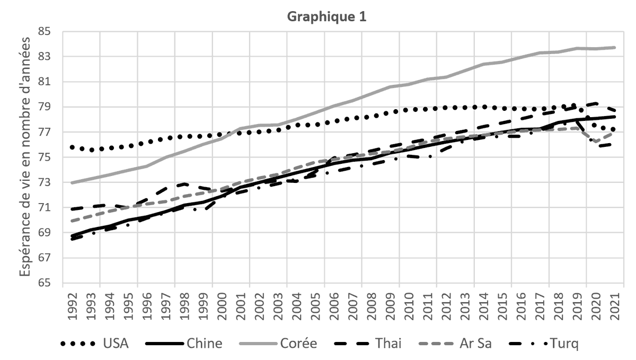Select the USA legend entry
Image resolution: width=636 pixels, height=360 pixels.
(x=115, y=344)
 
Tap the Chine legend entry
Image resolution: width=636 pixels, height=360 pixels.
(x=204, y=344)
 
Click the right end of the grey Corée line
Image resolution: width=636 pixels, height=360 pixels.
(x=615, y=47)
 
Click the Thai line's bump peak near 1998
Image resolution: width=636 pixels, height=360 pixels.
(x=183, y=184)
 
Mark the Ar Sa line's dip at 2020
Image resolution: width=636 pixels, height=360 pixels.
(x=596, y=142)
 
